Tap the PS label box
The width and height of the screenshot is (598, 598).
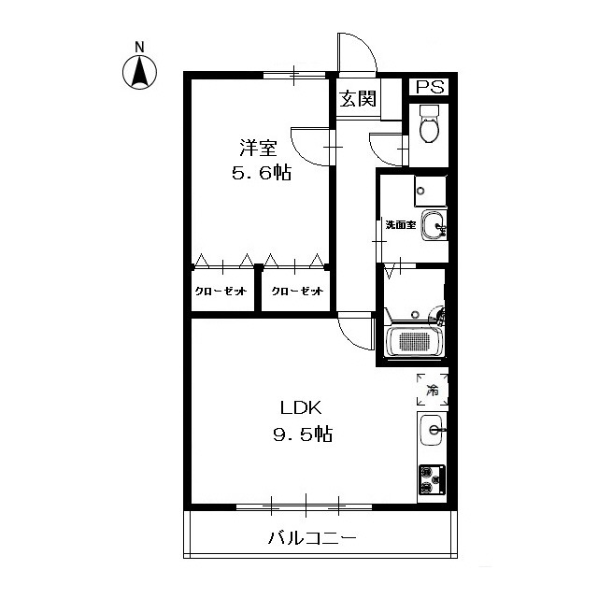(x=429, y=87)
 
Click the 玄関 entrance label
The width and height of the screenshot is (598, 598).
(x=357, y=97)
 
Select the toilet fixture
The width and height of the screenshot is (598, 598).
(x=430, y=125)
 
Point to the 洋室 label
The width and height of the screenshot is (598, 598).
(x=258, y=148)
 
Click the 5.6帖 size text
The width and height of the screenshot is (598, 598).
(x=260, y=173)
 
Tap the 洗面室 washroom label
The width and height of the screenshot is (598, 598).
(x=401, y=225)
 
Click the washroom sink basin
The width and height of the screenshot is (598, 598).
(x=434, y=225)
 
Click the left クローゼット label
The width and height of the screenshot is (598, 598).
(x=221, y=291)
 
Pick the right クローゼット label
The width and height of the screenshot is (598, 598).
(x=297, y=291)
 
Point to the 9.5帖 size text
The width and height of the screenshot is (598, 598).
(x=300, y=434)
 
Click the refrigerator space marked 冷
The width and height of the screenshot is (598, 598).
(x=433, y=390)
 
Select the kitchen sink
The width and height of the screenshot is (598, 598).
(x=433, y=431)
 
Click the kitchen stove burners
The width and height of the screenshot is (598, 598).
(x=432, y=479)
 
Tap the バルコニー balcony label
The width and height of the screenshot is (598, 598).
(x=311, y=538)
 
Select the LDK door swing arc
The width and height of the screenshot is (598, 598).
(x=356, y=329)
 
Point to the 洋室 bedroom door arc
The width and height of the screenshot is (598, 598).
(x=309, y=144)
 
